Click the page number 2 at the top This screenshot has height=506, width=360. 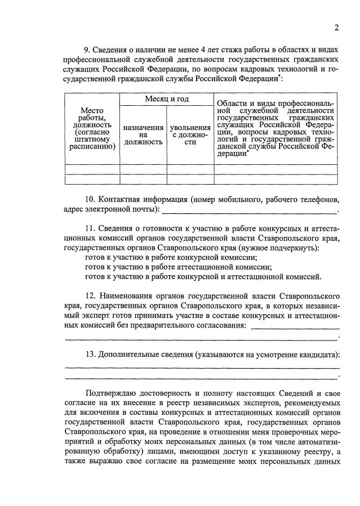coord(336,28)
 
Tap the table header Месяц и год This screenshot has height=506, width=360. coord(166,99)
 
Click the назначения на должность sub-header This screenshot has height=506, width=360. coord(143,135)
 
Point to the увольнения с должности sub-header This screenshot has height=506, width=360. coord(190,135)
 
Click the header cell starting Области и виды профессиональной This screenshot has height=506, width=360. coord(275,129)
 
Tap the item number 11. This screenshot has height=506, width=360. coord(90,228)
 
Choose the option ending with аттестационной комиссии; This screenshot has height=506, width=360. coord(178,267)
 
